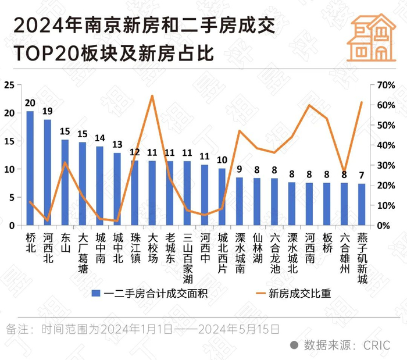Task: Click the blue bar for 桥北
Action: pos(30,169)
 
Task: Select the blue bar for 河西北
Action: pos(48,173)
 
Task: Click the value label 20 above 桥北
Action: pos(30,102)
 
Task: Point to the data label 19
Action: pos(48,111)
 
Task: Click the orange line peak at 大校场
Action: pos(152,96)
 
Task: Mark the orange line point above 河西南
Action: pos(309,105)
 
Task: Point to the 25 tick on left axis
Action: pos(9,85)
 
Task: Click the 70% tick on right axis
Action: pos(386,85)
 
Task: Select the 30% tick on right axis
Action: pos(386,165)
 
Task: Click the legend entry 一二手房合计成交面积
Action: pos(149,293)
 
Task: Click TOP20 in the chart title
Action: pos(48,54)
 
